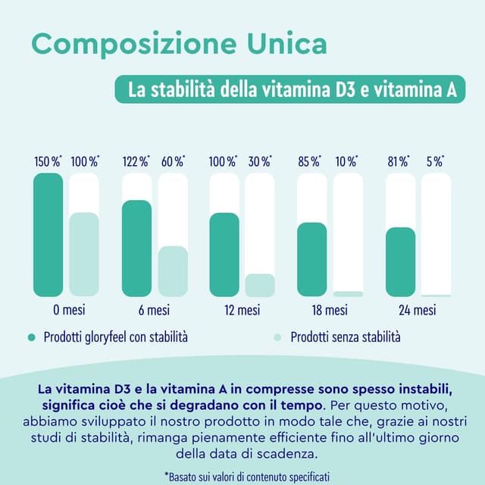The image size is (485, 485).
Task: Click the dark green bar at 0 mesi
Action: pyautogui.click(x=48, y=235)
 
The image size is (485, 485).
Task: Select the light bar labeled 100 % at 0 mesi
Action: pyautogui.click(x=84, y=255)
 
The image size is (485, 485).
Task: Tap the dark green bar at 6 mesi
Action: pyautogui.click(x=136, y=249)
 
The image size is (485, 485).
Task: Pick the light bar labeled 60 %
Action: pyautogui.click(x=172, y=271)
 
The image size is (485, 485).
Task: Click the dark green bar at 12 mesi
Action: pyautogui.click(x=224, y=255)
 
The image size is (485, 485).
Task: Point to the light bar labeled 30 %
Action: pyautogui.click(x=260, y=285)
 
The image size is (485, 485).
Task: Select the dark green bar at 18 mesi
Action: pyautogui.click(x=312, y=259)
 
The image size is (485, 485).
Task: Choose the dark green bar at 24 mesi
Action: pyautogui.click(x=400, y=261)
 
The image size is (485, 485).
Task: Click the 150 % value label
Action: pyautogui.click(x=48, y=161)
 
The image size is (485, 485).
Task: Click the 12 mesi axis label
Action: pyautogui.click(x=242, y=310)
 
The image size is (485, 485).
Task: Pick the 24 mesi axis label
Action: pyautogui.click(x=418, y=310)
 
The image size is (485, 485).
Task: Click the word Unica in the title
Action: pyautogui.click(x=277, y=43)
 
